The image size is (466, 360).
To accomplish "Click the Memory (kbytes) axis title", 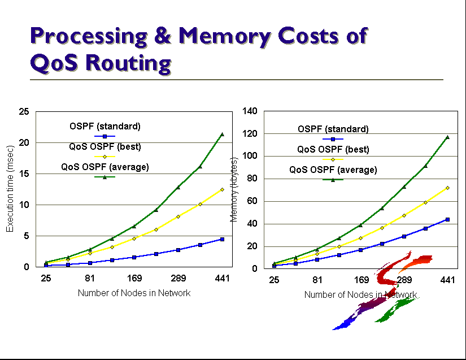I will point(233,186).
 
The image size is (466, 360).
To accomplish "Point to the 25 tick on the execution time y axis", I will point(24,112).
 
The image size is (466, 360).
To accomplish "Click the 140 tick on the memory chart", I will point(250,111).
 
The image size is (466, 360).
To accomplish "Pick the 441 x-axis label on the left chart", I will point(222,279).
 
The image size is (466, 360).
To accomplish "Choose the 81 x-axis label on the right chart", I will point(317,280).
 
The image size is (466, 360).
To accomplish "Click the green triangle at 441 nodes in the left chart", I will point(222,135).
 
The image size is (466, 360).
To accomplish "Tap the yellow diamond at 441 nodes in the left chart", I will point(222,189).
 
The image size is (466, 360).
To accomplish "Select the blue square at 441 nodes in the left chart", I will point(222,239).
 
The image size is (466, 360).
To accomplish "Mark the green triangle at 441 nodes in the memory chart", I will point(447,137).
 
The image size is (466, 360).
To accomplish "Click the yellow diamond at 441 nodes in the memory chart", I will point(447,188).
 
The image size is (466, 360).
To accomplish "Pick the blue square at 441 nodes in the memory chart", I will point(447,219).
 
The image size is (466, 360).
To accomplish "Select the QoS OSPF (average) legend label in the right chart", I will point(333,170).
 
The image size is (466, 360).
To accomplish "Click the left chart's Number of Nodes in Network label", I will point(134,293).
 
